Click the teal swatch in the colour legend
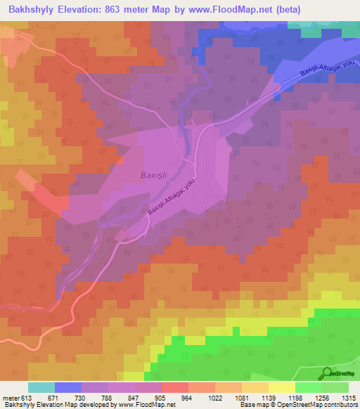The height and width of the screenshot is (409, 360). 41,387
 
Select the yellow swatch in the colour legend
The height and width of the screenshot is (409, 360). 282,387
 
